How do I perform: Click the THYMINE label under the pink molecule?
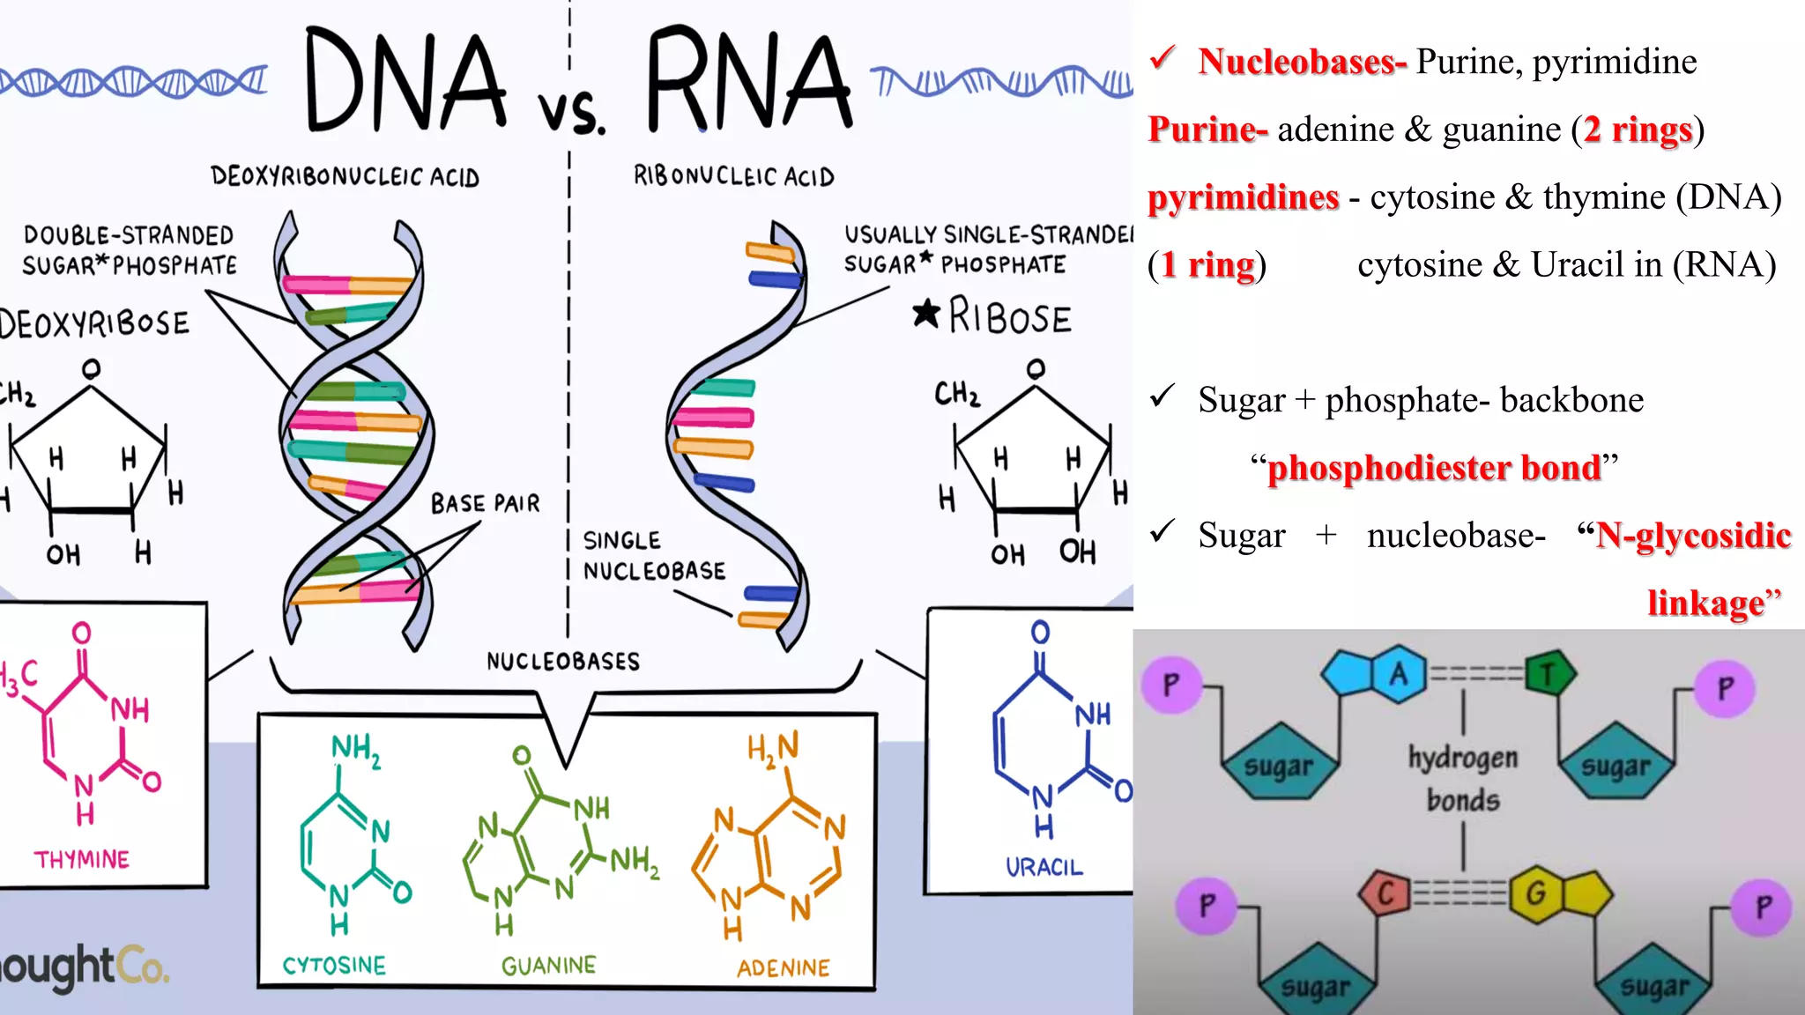click(82, 859)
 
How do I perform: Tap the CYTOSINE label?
click(334, 966)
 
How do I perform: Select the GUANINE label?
click(548, 966)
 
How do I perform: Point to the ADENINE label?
click(784, 968)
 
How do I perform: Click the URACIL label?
click(1044, 868)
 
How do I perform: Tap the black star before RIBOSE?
click(926, 314)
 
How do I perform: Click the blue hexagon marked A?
click(1399, 674)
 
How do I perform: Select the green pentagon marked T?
click(1548, 675)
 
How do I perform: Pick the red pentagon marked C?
click(1385, 893)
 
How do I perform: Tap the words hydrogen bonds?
click(1463, 779)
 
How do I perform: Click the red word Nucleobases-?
click(1302, 62)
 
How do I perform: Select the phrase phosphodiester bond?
click(1434, 467)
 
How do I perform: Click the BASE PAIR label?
click(485, 504)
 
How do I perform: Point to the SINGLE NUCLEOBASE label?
click(654, 556)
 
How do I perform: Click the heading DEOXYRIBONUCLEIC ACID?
click(345, 176)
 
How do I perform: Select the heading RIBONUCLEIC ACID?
click(733, 176)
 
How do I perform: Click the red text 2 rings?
click(1638, 130)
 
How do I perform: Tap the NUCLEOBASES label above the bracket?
click(563, 661)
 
